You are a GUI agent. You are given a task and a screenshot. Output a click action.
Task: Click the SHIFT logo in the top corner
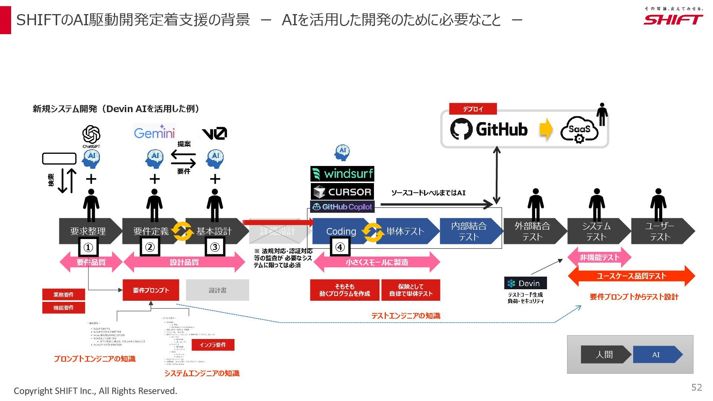[673, 19]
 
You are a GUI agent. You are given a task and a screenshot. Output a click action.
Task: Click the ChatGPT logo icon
[91, 134]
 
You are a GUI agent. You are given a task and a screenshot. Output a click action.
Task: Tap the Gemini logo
[154, 133]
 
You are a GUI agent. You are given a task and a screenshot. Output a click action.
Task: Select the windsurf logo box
[342, 174]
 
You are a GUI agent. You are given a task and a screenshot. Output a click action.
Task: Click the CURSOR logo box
[342, 192]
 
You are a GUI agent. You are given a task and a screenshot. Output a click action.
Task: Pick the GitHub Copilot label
[342, 207]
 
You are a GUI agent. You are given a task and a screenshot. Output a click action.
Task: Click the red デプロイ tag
[473, 109]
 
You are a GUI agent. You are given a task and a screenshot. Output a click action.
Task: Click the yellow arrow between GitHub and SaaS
[546, 129]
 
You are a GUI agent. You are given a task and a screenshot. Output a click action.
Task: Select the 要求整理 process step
[88, 231]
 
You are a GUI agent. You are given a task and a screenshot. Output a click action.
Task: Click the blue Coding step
[341, 231]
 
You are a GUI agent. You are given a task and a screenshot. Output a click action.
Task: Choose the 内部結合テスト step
[469, 231]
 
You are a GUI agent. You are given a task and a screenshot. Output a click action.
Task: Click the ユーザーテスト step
[660, 231]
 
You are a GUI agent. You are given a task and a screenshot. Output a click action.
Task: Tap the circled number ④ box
[340, 247]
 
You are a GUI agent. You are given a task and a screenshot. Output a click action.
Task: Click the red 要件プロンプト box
[151, 290]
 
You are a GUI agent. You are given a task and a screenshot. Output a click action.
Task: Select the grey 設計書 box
[217, 290]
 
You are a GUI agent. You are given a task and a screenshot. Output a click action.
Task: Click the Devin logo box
[525, 283]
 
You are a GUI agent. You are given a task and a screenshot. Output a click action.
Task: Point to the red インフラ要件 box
[213, 345]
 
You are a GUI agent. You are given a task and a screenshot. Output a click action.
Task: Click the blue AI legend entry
[656, 355]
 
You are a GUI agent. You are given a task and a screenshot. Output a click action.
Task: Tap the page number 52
[696, 387]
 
